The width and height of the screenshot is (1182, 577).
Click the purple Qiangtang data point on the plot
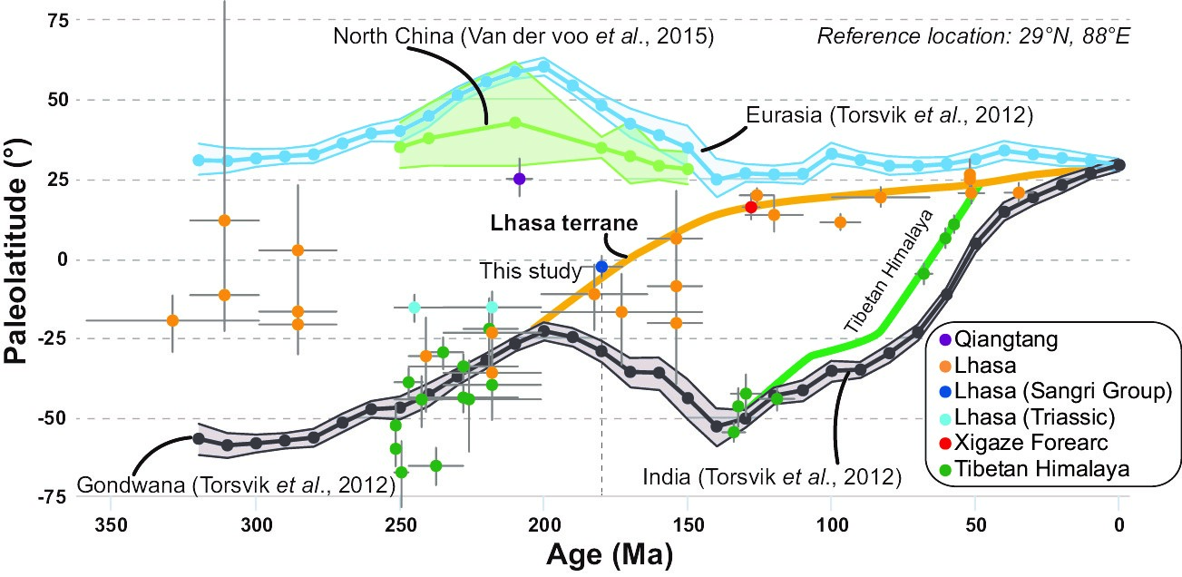click(520, 179)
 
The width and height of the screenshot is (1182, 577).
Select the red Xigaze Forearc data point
click(751, 207)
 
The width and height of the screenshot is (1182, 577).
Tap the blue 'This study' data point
click(601, 266)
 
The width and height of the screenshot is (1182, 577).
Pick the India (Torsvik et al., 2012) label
click(771, 475)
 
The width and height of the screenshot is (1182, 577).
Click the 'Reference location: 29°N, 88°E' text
click(972, 37)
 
